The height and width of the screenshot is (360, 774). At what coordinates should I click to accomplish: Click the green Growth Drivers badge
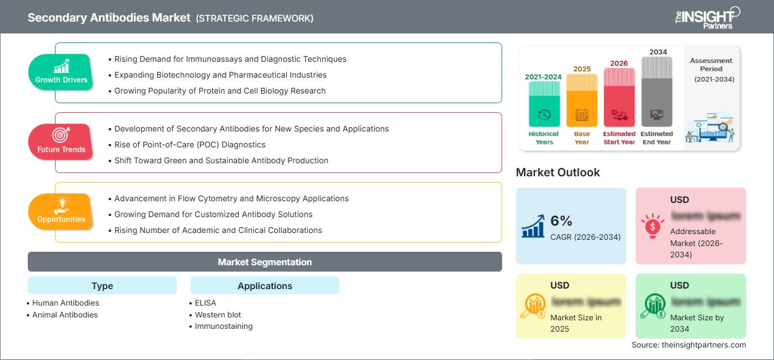point(61,72)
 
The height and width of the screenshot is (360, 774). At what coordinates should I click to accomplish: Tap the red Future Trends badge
point(61,142)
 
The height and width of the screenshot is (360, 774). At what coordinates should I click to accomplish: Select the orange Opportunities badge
point(61,211)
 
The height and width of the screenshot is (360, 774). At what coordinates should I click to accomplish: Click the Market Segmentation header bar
point(265,262)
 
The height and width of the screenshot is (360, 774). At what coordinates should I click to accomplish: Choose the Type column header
point(102,286)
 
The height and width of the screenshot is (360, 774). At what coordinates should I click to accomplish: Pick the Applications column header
point(265,286)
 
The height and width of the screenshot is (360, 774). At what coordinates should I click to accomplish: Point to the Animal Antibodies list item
point(65,315)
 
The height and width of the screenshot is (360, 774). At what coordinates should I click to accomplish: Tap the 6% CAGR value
point(562,221)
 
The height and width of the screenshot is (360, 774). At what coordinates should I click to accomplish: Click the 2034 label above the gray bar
point(658,52)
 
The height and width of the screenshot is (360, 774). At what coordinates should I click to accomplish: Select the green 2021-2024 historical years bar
point(544,104)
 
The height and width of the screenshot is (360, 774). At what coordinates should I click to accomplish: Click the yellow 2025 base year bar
point(581,100)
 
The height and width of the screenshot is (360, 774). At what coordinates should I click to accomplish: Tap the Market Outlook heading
point(558,172)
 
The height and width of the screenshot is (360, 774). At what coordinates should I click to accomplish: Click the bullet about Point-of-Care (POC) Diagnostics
point(218,145)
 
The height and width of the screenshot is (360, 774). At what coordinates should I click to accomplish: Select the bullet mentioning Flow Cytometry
point(231,198)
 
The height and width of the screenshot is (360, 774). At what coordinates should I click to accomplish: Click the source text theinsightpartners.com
point(688,345)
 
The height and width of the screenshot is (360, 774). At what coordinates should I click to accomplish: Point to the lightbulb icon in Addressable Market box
point(652,225)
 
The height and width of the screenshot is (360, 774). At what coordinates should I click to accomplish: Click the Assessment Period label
point(711,64)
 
